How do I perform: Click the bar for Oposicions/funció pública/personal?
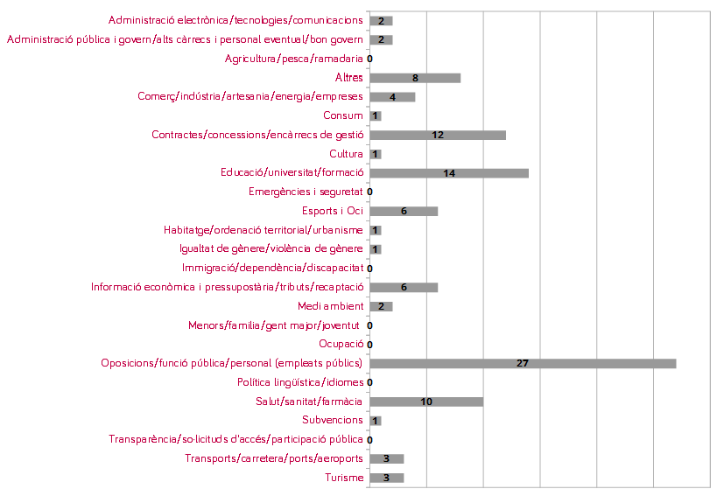pyautogui.click(x=523, y=363)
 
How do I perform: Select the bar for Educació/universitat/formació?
pyautogui.click(x=449, y=173)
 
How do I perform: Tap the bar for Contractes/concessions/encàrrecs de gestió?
pyautogui.click(x=438, y=135)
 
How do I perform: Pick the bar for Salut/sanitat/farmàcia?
pyautogui.click(x=426, y=402)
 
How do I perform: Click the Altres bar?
pyautogui.click(x=415, y=78)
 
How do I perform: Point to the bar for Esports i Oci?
pyautogui.click(x=404, y=211)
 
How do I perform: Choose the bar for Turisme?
pyautogui.click(x=386, y=478)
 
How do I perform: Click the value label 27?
pyautogui.click(x=523, y=363)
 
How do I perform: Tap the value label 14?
pyautogui.click(x=449, y=173)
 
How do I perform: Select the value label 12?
pyautogui.click(x=438, y=135)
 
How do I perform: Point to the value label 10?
pyautogui.click(x=426, y=402)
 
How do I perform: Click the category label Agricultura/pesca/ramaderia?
pyautogui.click(x=293, y=59)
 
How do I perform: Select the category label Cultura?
pyautogui.click(x=346, y=154)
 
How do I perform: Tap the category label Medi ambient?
pyautogui.click(x=330, y=306)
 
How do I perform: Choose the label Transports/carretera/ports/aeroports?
pyautogui.click(x=274, y=458)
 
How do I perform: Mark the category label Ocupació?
pyautogui.click(x=341, y=344)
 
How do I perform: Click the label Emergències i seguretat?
pyautogui.click(x=306, y=192)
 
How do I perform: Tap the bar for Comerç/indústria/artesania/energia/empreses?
pyautogui.click(x=392, y=97)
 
